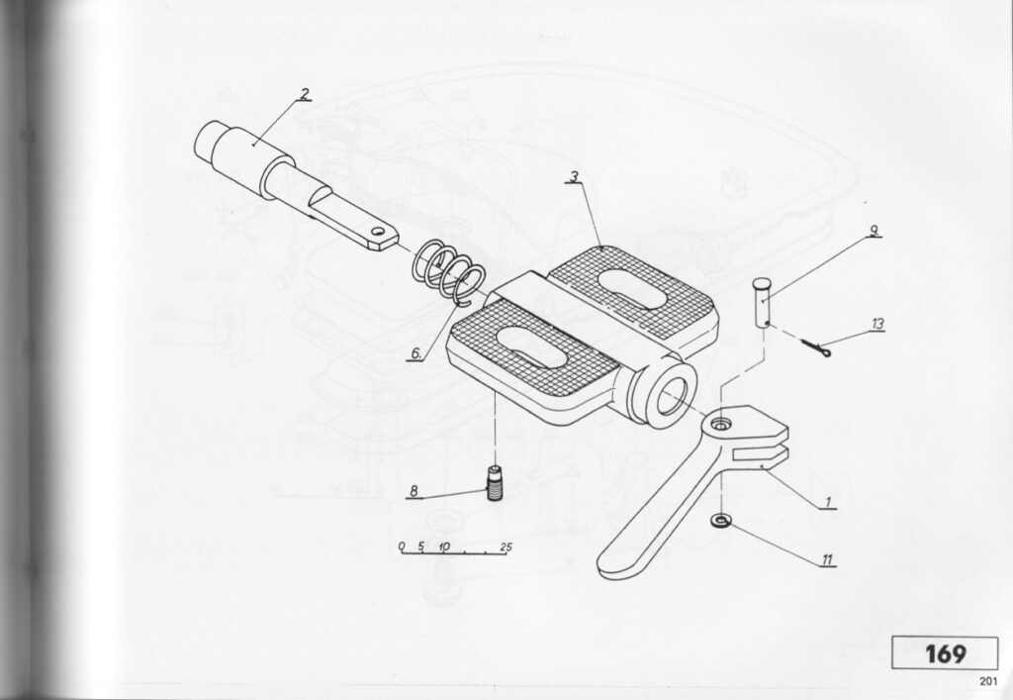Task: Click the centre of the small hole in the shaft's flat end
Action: click(377, 230)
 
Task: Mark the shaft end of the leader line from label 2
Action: click(254, 145)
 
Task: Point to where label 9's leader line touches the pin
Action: click(763, 299)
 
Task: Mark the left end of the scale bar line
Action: click(400, 553)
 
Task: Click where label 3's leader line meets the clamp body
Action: click(601, 248)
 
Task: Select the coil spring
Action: click(449, 272)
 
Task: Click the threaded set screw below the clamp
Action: click(495, 483)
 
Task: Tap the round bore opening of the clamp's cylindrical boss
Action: click(672, 396)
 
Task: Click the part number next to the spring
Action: click(416, 353)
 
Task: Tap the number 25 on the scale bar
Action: click(506, 548)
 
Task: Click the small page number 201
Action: click(988, 680)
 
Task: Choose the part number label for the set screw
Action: click(414, 491)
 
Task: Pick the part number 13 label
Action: click(876, 324)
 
